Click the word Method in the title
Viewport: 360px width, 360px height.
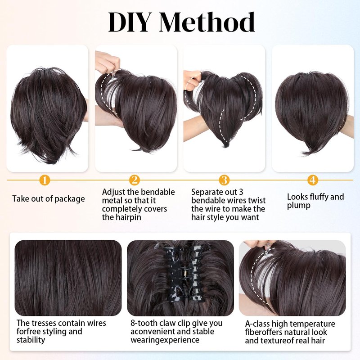(x=207, y=22)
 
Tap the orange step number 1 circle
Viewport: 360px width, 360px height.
(x=45, y=180)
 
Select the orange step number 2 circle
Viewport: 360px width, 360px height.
(x=134, y=180)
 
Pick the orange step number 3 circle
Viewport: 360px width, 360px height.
(x=224, y=180)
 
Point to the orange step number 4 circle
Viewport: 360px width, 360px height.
(x=312, y=180)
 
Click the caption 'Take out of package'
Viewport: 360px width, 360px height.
(x=49, y=199)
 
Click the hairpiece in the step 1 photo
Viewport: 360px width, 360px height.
(x=49, y=115)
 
